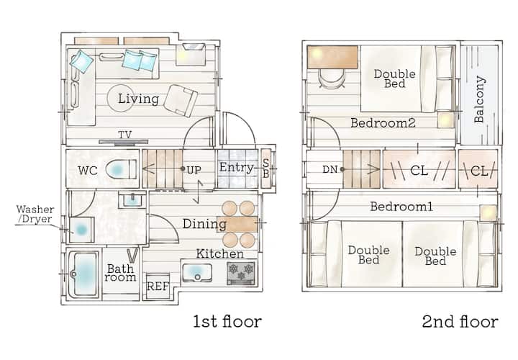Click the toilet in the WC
tap(121, 169)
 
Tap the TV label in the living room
tap(125, 135)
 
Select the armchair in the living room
tap(181, 101)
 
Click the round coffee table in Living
tap(120, 98)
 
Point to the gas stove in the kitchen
tap(241, 273)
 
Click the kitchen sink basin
tap(196, 273)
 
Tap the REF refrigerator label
tap(158, 287)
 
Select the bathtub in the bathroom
tap(84, 274)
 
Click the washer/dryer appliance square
tap(81, 230)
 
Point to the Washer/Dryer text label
tap(35, 214)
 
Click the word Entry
tap(236, 167)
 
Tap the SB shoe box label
tap(265, 168)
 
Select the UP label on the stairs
tap(194, 170)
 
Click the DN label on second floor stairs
tap(330, 170)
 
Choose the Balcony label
tap(479, 99)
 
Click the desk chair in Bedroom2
tap(332, 78)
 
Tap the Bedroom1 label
tap(401, 207)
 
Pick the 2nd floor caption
tap(460, 321)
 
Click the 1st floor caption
tap(227, 321)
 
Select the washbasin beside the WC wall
tap(132, 199)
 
